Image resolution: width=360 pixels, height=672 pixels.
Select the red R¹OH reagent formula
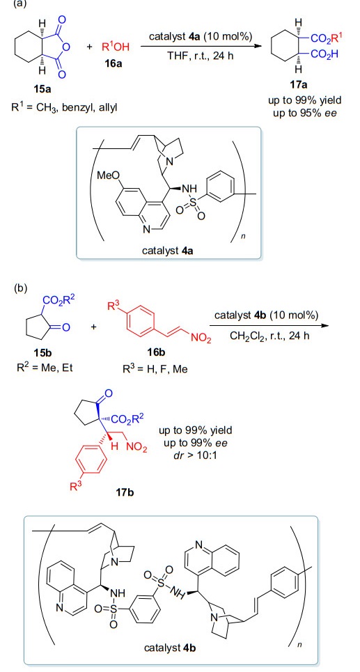(116, 47)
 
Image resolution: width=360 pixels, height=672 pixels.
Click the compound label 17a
(299, 85)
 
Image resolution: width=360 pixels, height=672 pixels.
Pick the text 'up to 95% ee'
(299, 114)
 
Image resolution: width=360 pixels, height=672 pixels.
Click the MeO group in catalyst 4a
(109, 176)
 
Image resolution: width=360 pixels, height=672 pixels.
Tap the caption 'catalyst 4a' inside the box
(168, 251)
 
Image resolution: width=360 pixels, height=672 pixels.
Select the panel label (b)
(20, 288)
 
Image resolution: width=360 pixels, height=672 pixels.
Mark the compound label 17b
(125, 492)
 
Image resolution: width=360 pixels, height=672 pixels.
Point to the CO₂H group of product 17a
(324, 55)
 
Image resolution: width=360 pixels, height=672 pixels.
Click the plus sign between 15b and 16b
(93, 327)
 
